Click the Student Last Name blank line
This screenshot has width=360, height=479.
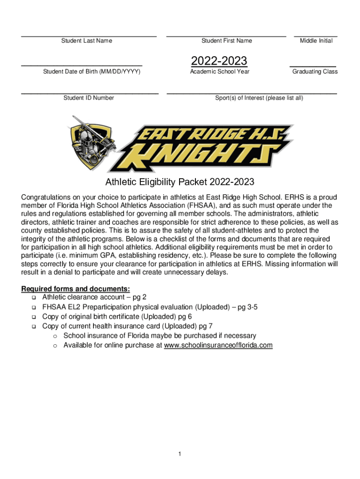point(88,35)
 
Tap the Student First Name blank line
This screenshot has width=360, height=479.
point(226,35)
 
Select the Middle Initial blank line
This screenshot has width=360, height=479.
point(316,35)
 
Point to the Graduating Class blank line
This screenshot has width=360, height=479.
point(313,66)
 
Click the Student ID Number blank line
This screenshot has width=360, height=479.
point(90,93)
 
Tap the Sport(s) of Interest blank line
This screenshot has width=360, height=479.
point(252,93)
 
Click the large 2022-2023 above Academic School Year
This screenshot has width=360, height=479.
point(219,61)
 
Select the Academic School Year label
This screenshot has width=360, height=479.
point(220,72)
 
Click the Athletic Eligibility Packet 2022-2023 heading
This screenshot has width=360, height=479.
point(180,181)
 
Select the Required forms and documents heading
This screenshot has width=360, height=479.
point(75,289)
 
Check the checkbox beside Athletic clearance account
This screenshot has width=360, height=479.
point(34,298)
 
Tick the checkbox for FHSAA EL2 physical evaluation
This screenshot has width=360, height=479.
point(34,307)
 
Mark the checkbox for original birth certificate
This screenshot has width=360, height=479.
point(34,317)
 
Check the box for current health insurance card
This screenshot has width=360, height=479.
point(34,327)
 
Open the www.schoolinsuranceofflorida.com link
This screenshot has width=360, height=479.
point(218,346)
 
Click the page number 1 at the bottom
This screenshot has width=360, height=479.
point(180,454)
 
